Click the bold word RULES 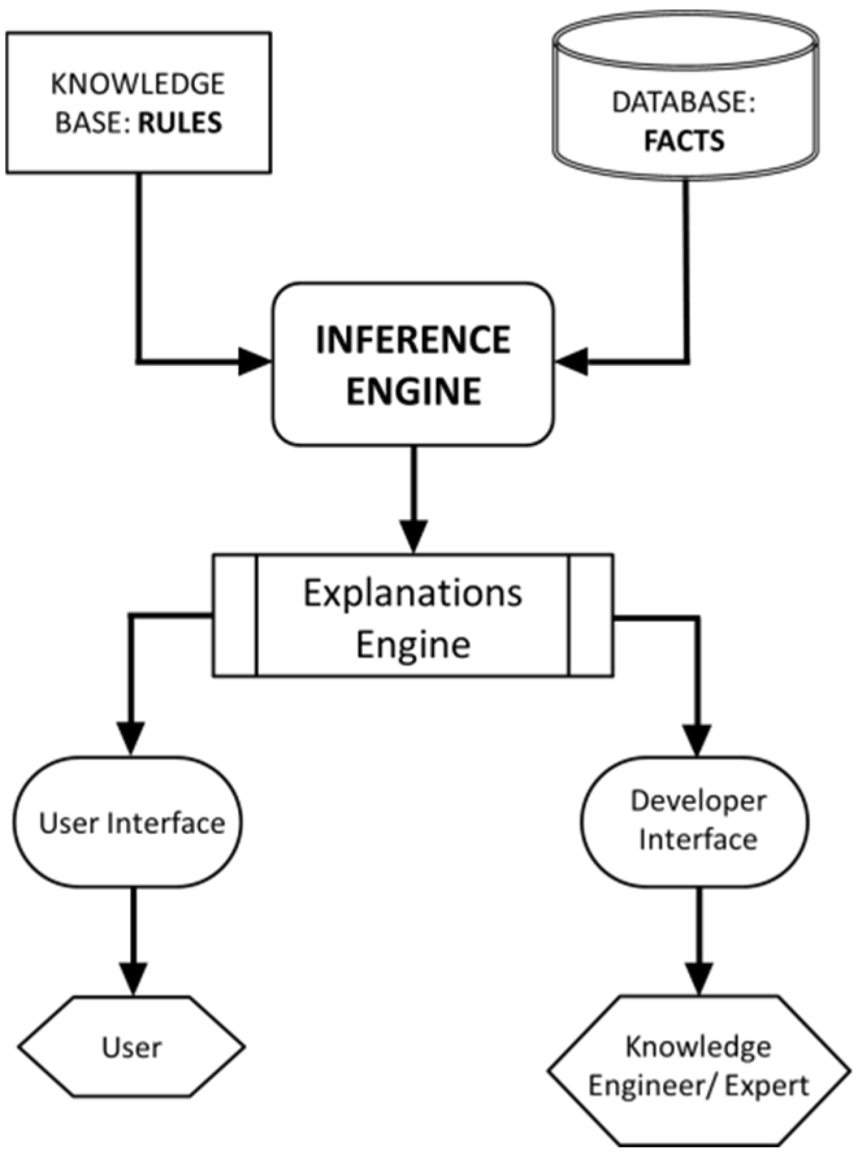click(x=180, y=123)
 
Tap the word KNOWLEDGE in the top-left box click(x=138, y=84)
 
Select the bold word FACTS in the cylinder click(x=684, y=141)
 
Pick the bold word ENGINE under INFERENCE click(x=413, y=391)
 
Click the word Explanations click(x=413, y=593)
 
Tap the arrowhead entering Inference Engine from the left click(x=253, y=361)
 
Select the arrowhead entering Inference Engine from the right click(x=572, y=361)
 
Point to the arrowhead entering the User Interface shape click(x=132, y=738)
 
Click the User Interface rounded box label click(x=132, y=823)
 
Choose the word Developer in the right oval click(x=698, y=801)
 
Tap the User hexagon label click(x=132, y=1047)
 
